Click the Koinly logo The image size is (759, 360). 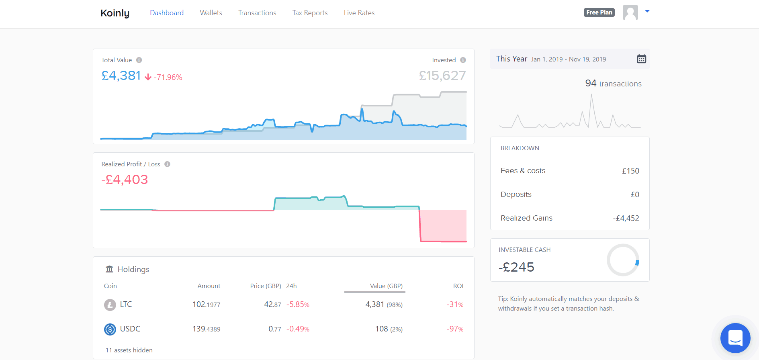[x=115, y=13]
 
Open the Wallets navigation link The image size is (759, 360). [x=211, y=13]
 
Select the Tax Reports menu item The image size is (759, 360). [x=310, y=13]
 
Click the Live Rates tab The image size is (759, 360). [x=359, y=13]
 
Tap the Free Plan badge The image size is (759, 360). [x=599, y=12]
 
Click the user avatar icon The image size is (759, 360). [x=630, y=12]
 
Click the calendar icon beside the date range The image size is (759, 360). [x=641, y=59]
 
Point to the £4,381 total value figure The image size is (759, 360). [x=121, y=76]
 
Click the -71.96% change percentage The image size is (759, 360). [x=168, y=77]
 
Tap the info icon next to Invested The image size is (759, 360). [x=463, y=60]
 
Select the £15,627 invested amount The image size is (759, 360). [x=442, y=76]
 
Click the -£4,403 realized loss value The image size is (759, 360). [x=125, y=180]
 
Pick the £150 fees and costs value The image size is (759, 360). [x=630, y=171]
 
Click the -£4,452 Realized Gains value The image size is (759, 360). [x=626, y=218]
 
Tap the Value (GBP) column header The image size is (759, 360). [x=386, y=286]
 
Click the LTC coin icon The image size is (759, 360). [x=110, y=305]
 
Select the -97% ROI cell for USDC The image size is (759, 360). [x=455, y=329]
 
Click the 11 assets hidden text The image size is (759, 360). [x=129, y=350]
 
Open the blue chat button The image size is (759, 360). [x=735, y=338]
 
